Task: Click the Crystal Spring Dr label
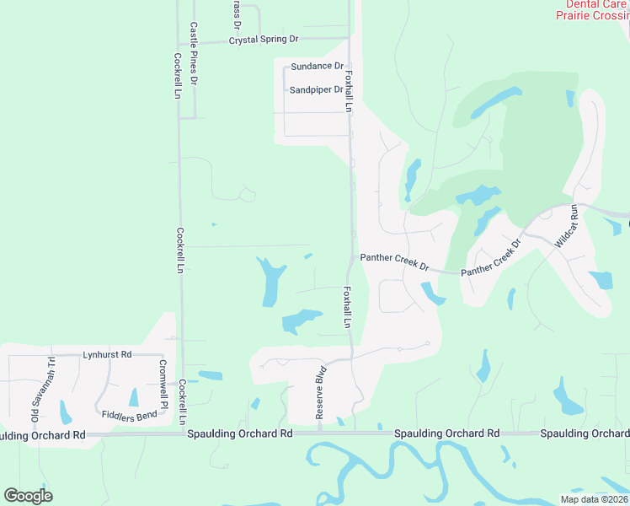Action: [264, 40]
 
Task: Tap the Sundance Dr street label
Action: [318, 66]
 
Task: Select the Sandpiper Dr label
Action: [316, 89]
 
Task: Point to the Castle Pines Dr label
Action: [194, 54]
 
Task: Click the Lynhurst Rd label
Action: [107, 355]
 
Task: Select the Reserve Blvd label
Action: [321, 390]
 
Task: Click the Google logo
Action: [28, 496]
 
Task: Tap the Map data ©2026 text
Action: [594, 499]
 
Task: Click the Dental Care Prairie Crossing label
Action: [592, 9]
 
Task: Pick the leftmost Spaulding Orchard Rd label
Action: [42, 435]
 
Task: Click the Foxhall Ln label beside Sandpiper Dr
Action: [348, 91]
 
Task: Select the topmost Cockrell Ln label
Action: [178, 77]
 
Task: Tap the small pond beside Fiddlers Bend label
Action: [133, 397]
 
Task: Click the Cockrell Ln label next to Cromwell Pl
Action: [182, 401]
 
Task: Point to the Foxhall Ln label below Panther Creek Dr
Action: [346, 305]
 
